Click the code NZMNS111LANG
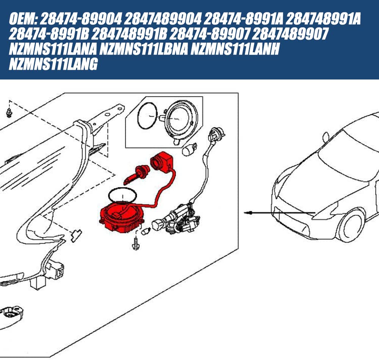point(53,65)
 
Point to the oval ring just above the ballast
point(122,195)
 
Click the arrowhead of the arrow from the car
point(247,213)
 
